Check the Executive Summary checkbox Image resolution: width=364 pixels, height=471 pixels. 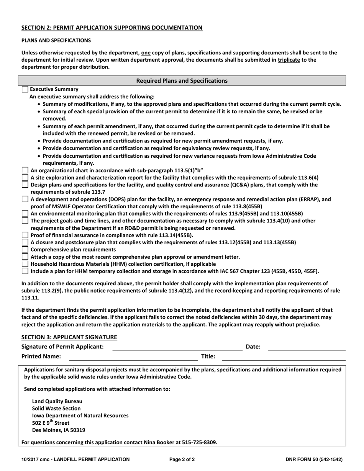25,89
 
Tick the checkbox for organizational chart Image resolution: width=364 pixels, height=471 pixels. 25,170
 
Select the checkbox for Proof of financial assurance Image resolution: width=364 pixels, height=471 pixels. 25,235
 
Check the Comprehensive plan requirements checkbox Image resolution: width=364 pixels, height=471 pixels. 25,250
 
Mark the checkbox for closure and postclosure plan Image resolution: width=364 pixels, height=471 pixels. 25,242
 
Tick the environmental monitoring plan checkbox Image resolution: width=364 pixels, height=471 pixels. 25,213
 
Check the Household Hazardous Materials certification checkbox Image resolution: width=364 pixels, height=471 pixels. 25,264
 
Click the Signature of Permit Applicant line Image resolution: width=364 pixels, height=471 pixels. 177,347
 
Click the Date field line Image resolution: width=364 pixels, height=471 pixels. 306,347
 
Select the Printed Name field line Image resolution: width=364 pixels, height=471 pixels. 133,357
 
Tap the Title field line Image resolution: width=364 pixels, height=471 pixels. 284,357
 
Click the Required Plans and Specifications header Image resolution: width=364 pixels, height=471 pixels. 182,81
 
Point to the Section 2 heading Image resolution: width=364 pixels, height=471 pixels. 112,28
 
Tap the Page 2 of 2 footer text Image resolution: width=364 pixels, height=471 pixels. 182,460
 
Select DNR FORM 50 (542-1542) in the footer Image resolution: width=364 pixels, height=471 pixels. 314,460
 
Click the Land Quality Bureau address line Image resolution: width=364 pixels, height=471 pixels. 57,401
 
